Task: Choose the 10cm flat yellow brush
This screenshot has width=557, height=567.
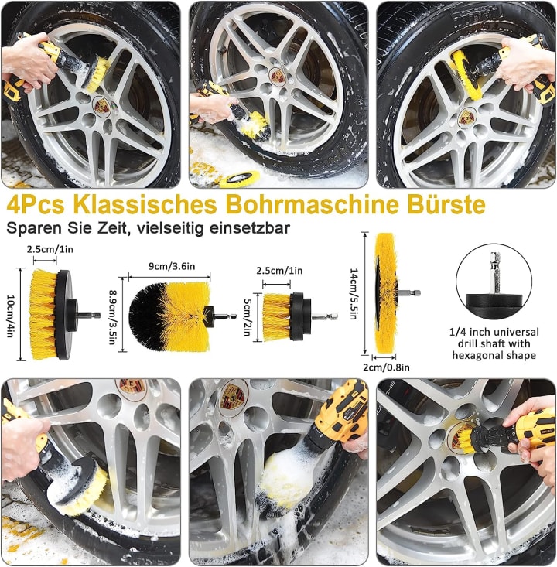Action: point(46,314)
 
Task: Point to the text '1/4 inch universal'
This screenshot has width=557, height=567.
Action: point(494,332)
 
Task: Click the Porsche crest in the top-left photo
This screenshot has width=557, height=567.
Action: point(101,105)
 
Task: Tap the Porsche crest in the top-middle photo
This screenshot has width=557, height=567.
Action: point(278,75)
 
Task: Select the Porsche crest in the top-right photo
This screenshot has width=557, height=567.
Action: point(467,117)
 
